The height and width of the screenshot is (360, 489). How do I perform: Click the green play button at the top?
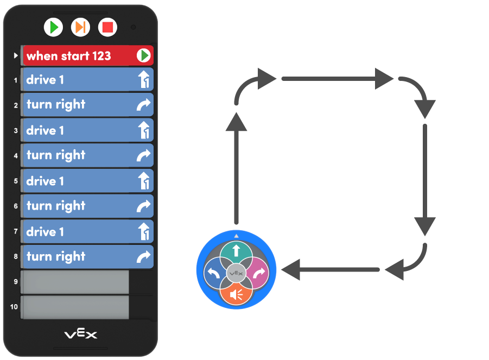point(53,27)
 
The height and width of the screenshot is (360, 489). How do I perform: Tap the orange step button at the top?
point(80,27)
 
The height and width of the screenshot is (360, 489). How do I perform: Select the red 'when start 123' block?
point(87,55)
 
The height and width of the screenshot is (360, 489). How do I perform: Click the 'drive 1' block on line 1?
point(87,80)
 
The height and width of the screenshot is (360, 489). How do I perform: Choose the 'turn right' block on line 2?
point(87,105)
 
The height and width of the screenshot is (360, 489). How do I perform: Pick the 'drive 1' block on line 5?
point(87,181)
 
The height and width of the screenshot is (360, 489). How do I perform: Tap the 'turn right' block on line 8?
point(87,256)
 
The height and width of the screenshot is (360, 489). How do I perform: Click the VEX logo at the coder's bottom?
point(81,334)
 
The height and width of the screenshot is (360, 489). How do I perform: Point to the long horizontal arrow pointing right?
point(336,79)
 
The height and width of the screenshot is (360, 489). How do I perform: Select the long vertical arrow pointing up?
point(236,168)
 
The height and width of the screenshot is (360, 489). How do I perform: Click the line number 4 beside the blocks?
point(16,156)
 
